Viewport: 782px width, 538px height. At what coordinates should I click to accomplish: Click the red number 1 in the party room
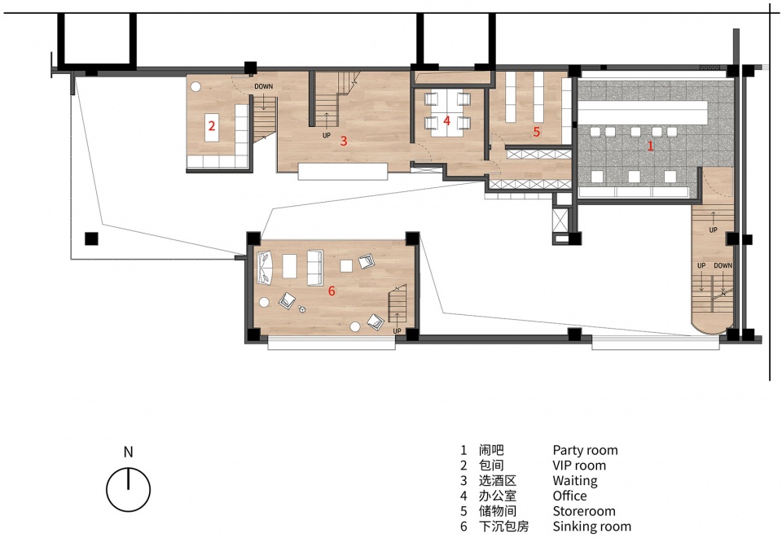[x=650, y=146]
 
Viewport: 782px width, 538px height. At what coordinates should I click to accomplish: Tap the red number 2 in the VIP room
[x=212, y=125]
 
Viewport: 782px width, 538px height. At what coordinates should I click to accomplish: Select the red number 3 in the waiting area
[x=343, y=141]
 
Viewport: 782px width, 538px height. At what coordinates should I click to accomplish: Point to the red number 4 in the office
[x=446, y=120]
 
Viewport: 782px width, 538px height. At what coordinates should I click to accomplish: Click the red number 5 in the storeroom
[x=537, y=132]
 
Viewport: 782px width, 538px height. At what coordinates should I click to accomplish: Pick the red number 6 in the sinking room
[x=332, y=291]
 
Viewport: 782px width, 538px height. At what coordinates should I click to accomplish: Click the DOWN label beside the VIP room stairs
[x=263, y=86]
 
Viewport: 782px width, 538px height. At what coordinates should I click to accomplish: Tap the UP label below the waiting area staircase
[x=326, y=135]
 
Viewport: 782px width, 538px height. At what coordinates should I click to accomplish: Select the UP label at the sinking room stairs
[x=397, y=330]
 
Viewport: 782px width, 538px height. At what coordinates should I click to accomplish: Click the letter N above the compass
[x=128, y=452]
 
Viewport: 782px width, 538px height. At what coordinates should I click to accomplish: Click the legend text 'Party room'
[x=585, y=450]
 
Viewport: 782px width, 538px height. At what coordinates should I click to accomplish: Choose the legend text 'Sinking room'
[x=591, y=526]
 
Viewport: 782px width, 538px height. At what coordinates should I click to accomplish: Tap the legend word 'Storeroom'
[x=583, y=511]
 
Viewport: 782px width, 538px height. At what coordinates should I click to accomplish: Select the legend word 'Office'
[x=569, y=496]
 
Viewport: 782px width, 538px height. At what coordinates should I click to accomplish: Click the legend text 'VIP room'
[x=579, y=466]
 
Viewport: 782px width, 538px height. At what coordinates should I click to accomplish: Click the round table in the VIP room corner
[x=195, y=86]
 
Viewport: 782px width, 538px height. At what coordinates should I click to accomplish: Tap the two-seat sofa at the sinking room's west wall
[x=265, y=268]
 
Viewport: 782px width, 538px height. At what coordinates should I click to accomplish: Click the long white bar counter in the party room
[x=643, y=112]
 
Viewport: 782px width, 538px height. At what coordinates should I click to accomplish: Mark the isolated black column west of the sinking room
[x=91, y=238]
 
